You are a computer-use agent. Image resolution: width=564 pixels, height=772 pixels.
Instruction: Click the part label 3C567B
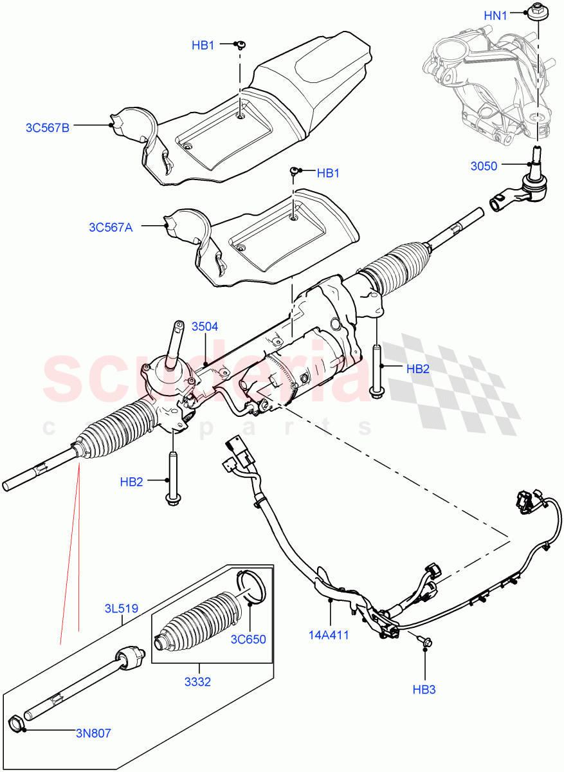click(47, 127)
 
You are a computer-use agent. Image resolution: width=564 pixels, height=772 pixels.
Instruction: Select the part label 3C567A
click(111, 227)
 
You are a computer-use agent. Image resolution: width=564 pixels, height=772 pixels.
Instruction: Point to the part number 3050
click(483, 166)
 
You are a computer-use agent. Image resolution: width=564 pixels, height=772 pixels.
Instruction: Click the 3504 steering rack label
click(205, 327)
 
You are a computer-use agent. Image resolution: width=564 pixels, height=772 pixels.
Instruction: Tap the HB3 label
click(424, 690)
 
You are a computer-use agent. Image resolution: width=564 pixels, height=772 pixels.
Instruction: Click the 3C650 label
click(249, 639)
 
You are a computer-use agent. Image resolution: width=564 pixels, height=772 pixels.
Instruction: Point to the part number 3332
click(198, 683)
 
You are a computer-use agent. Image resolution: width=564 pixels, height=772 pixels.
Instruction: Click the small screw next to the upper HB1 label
click(241, 44)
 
